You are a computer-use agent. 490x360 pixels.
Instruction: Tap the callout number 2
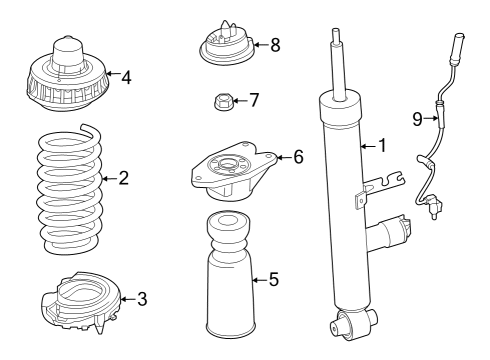click(x=152, y=179)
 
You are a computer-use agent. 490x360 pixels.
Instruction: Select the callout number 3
click(x=142, y=297)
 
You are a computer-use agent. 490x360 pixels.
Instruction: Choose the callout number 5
click(x=273, y=280)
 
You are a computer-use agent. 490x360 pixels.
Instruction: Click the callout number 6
click(x=297, y=156)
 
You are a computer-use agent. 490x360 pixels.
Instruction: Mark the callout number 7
click(x=254, y=100)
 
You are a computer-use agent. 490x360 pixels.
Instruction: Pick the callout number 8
click(x=275, y=44)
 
